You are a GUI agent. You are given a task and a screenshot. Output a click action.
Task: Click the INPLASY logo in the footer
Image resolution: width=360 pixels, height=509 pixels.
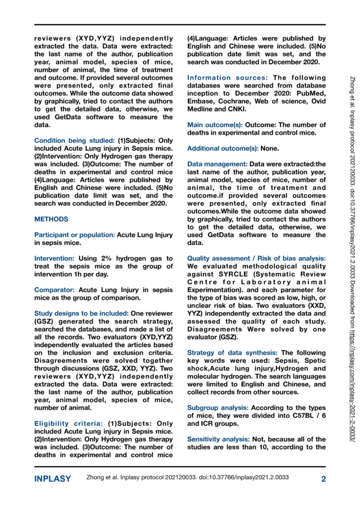click(x=52, y=479)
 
